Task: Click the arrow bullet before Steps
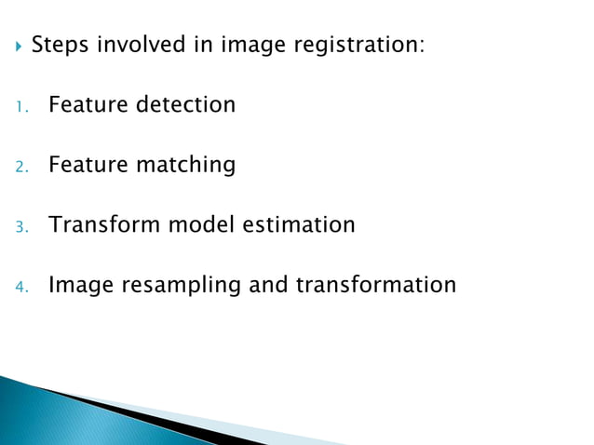tap(18, 45)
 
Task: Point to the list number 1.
tap(20, 106)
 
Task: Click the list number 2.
tap(20, 167)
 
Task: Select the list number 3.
tap(20, 226)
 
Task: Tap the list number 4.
tap(20, 287)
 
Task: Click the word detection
tap(186, 104)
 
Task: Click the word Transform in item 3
tap(104, 224)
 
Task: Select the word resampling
tap(177, 285)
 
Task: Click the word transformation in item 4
tap(375, 285)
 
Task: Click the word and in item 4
tap(268, 285)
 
